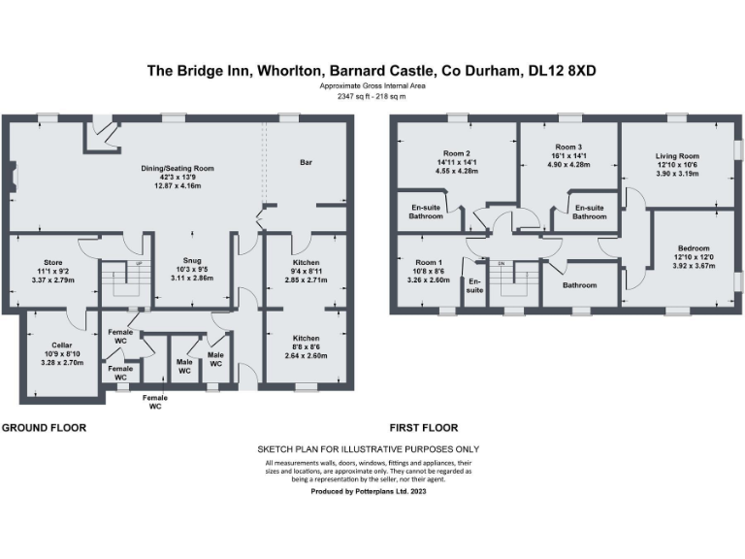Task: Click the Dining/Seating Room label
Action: tap(175, 168)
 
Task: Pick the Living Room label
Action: tap(676, 155)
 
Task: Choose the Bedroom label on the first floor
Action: tap(693, 248)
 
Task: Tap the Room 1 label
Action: tap(428, 262)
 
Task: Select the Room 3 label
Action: tap(568, 146)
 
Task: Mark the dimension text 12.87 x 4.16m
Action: tap(176, 184)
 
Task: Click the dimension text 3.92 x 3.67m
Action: tap(693, 266)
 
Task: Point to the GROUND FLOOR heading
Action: tap(44, 427)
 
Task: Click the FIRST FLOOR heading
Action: tap(424, 427)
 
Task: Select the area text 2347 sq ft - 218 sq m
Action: tap(372, 96)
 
